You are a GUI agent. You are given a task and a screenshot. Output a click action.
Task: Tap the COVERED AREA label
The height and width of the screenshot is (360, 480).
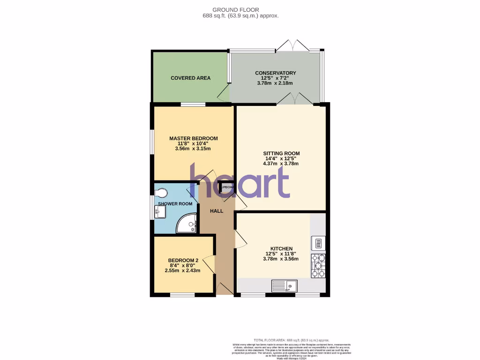(x=190, y=78)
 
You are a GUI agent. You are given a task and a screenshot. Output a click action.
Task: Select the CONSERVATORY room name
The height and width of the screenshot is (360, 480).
(x=275, y=73)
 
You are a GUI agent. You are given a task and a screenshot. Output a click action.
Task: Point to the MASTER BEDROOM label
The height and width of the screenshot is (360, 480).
(x=193, y=138)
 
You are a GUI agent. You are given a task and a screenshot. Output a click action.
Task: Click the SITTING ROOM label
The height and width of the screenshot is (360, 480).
(x=281, y=153)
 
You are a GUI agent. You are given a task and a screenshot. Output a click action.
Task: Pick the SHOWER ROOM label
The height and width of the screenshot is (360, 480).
(x=175, y=204)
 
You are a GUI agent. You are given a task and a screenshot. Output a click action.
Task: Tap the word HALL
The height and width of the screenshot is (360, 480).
(x=217, y=211)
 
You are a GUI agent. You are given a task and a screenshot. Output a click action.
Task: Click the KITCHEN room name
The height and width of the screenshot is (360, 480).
(x=281, y=248)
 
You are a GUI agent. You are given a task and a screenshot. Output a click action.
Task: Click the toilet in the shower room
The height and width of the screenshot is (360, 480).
(x=161, y=193)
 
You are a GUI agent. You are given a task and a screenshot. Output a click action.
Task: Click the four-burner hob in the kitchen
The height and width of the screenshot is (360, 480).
(x=318, y=266)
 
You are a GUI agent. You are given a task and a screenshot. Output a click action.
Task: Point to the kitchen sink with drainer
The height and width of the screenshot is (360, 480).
(x=284, y=285)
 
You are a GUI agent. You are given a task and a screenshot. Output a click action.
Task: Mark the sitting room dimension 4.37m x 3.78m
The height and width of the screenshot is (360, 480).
(x=281, y=164)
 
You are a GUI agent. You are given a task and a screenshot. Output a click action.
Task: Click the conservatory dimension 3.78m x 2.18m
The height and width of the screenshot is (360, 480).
(x=275, y=83)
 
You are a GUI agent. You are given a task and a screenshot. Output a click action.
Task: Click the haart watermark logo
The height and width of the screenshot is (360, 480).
(x=240, y=180)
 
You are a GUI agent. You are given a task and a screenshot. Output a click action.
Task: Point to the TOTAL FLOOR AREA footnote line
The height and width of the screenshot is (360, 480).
(x=291, y=340)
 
